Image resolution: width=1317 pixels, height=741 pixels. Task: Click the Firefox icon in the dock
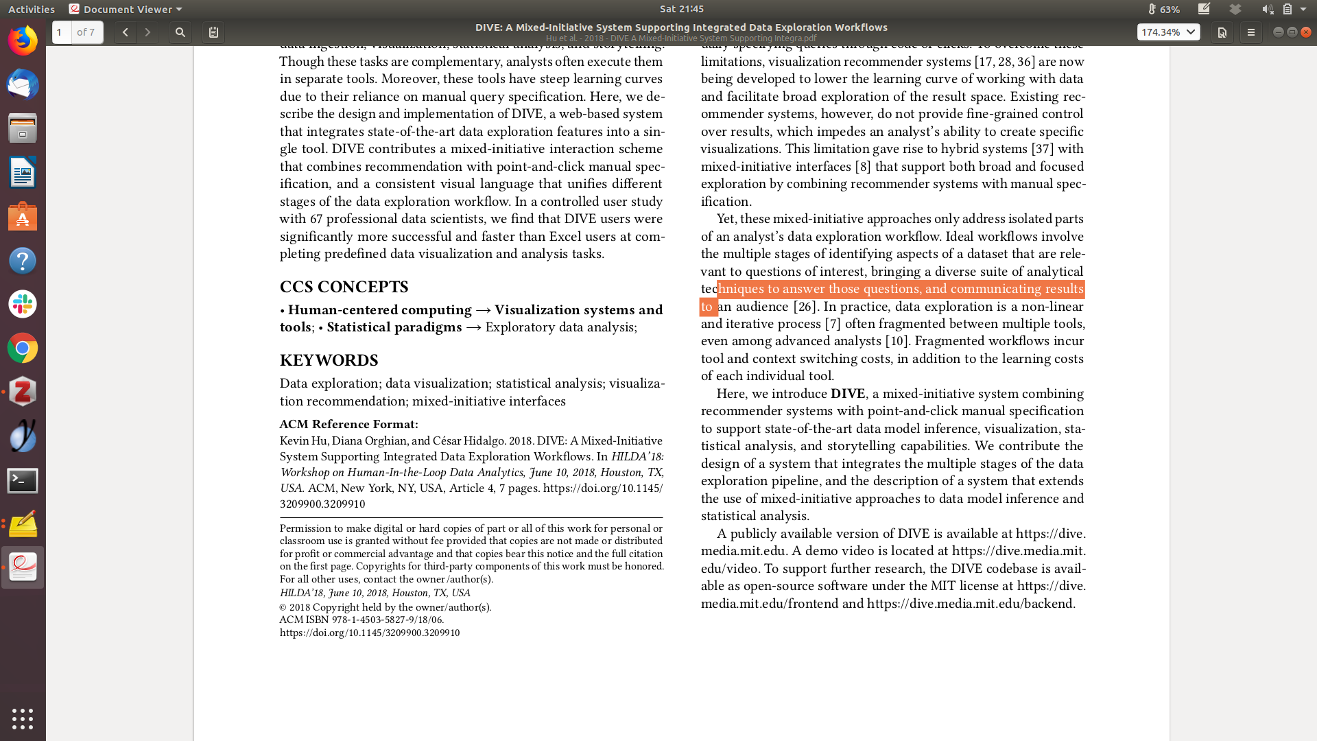tap(23, 41)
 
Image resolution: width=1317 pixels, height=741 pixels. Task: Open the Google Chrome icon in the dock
tap(23, 349)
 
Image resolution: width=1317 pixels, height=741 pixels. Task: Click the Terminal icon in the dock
tap(23, 481)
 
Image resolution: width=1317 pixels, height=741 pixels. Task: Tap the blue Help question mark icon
tap(23, 261)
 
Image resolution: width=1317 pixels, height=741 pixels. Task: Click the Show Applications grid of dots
tap(23, 718)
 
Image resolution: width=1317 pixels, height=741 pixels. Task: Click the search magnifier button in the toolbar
tap(180, 32)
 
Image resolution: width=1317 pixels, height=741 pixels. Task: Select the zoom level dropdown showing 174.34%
tap(1168, 32)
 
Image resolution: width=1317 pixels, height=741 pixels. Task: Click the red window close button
tap(1306, 32)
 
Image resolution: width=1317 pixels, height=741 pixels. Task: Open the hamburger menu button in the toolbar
tap(1250, 32)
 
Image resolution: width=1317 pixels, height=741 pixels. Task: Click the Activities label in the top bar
tap(32, 9)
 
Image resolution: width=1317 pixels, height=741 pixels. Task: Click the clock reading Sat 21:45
tap(681, 9)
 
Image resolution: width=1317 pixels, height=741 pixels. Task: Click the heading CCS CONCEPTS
tap(344, 287)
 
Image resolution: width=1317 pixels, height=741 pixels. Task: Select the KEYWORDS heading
tap(329, 360)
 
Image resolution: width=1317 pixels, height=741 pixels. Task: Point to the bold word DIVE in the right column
tap(848, 394)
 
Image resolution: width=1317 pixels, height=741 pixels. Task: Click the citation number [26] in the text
tap(804, 307)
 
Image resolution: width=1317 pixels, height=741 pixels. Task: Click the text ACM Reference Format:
tap(348, 424)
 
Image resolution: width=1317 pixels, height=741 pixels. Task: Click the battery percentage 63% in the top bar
tap(1169, 9)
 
